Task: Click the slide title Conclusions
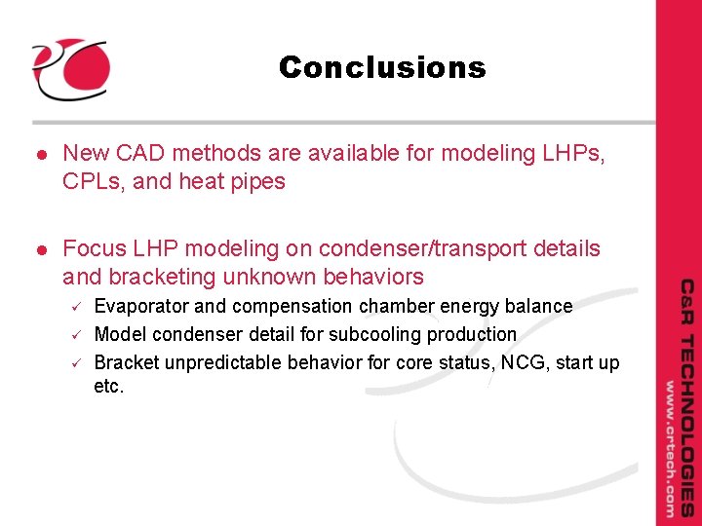[x=381, y=68]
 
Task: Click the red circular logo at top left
[x=69, y=68]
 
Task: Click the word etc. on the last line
[x=109, y=388]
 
